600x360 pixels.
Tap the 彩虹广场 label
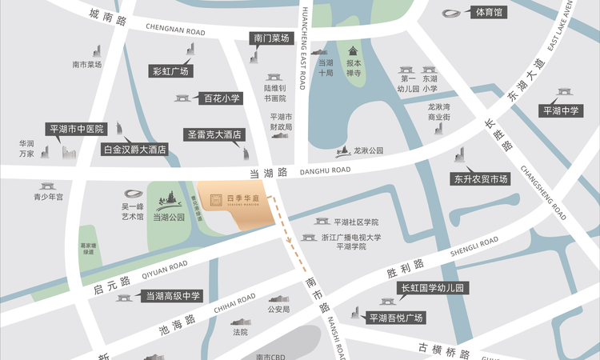[x=170, y=71]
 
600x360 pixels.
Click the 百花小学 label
[x=221, y=98]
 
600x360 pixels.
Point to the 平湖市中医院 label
[x=77, y=128]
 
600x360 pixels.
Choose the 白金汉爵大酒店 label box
[x=134, y=149]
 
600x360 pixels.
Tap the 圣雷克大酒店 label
[x=214, y=135]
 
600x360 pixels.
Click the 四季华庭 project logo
[x=228, y=201]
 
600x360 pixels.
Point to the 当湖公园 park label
[x=168, y=217]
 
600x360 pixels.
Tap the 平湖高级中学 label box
[x=173, y=296]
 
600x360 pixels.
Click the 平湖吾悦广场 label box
[x=395, y=318]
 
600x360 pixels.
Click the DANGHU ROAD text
[x=325, y=170]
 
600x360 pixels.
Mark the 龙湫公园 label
[x=368, y=150]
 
